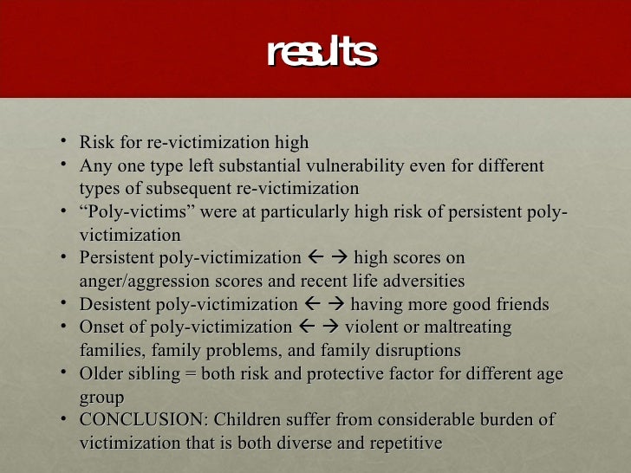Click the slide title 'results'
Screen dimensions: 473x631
pyautogui.click(x=322, y=53)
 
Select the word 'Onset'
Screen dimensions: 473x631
pyautogui.click(x=101, y=328)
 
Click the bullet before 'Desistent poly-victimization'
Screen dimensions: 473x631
pyautogui.click(x=66, y=304)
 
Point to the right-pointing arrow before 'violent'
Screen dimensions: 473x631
pyautogui.click(x=330, y=328)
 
